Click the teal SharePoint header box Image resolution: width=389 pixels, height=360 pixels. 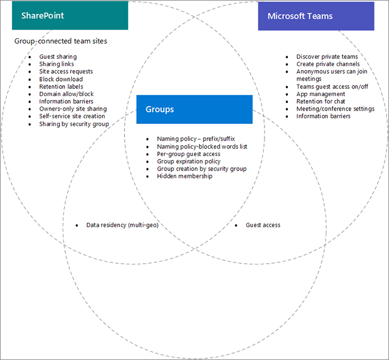point(70,16)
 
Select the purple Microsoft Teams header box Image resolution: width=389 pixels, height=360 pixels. point(317,16)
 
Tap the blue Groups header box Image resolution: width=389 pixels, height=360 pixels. point(194,109)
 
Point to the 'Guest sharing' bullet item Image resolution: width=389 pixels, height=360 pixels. point(58,57)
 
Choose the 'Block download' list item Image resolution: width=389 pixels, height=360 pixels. point(61,79)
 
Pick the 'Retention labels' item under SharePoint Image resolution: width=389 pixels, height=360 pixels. point(61,87)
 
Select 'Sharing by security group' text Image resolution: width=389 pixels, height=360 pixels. point(74,124)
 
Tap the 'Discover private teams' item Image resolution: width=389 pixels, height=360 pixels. point(327,57)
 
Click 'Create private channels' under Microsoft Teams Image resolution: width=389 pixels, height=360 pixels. point(328,64)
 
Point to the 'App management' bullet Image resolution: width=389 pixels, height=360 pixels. point(321,94)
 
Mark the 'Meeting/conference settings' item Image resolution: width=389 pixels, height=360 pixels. point(335,109)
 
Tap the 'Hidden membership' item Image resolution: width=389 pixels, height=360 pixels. point(184,176)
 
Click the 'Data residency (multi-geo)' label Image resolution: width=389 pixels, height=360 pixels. point(122,225)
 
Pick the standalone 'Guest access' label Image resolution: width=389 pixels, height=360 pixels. point(263,225)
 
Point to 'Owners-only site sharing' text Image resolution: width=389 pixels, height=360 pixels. point(73,109)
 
